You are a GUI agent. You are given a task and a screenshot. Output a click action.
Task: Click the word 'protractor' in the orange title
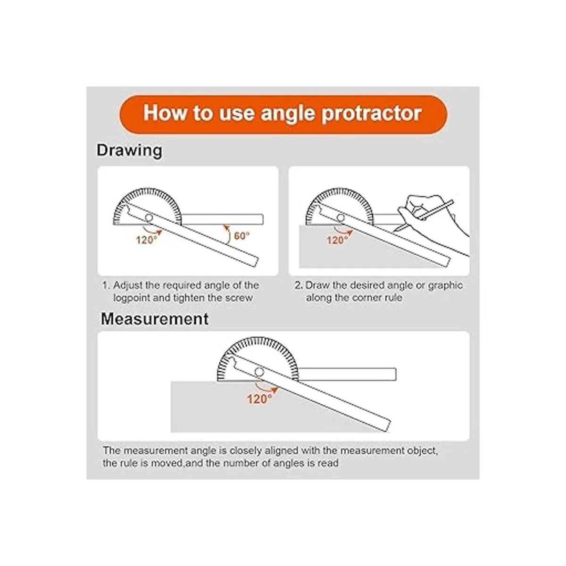click(372, 114)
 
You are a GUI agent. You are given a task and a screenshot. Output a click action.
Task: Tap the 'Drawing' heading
click(129, 151)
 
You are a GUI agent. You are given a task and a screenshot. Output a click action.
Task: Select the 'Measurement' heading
click(155, 319)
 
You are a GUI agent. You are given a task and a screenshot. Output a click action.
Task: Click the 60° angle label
click(241, 235)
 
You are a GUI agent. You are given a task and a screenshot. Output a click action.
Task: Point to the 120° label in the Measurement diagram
click(259, 399)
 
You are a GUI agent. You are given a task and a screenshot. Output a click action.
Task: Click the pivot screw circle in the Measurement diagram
click(259, 372)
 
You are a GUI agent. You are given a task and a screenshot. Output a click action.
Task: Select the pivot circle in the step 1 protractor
click(149, 218)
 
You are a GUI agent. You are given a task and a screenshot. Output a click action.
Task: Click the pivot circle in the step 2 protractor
click(341, 218)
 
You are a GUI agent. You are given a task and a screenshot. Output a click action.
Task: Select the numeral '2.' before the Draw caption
click(299, 285)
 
